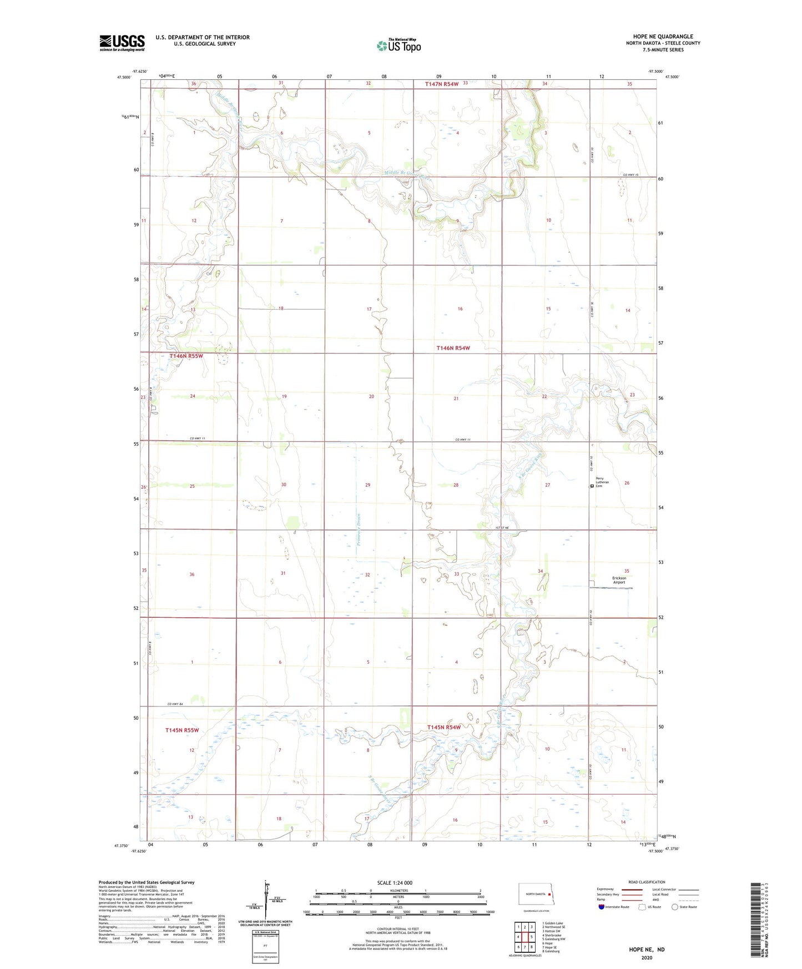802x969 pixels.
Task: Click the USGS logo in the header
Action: tap(122, 43)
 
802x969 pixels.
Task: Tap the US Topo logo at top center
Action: tap(399, 46)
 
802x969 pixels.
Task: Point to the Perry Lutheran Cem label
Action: tap(602, 482)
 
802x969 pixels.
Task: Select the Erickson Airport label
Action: tap(619, 580)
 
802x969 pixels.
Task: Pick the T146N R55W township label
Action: tap(186, 356)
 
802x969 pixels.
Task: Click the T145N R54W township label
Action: tap(444, 727)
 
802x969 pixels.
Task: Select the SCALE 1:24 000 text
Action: tap(395, 883)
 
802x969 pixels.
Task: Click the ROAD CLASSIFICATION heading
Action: tap(647, 882)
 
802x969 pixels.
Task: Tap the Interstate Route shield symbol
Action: tap(602, 907)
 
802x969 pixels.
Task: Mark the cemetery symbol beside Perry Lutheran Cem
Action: tap(592, 486)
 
